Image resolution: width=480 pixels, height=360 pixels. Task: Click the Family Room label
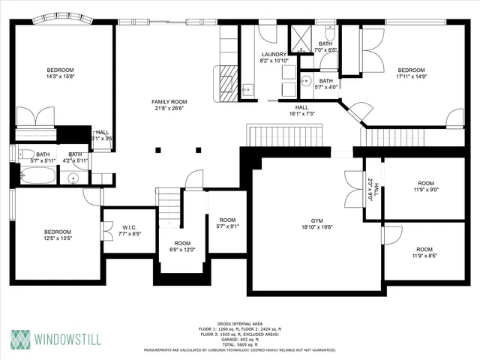169,105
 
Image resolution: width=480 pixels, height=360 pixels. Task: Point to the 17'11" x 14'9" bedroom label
411,72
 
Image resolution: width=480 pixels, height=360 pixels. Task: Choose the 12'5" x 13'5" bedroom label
57,236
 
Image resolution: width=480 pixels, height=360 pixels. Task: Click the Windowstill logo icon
21,338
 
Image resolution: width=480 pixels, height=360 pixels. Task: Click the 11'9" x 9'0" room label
425,187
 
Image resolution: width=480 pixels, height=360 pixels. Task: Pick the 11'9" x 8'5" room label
424,253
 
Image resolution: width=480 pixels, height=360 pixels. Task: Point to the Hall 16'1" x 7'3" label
301,110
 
